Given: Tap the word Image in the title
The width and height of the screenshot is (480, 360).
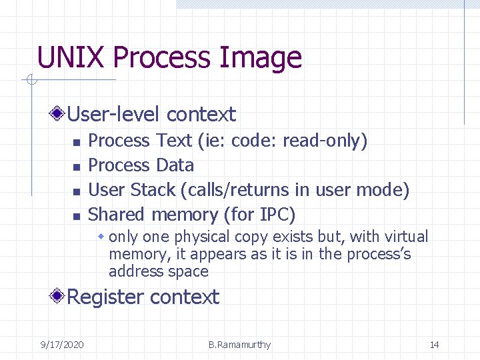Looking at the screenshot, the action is (266, 58).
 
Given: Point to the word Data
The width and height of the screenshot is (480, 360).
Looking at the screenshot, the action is (175, 165).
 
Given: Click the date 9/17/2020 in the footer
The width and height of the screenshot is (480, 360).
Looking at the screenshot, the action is (62, 345).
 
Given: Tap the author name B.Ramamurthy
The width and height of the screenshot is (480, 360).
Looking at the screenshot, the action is (239, 345).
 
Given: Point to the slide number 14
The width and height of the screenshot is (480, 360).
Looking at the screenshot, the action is (434, 345).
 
